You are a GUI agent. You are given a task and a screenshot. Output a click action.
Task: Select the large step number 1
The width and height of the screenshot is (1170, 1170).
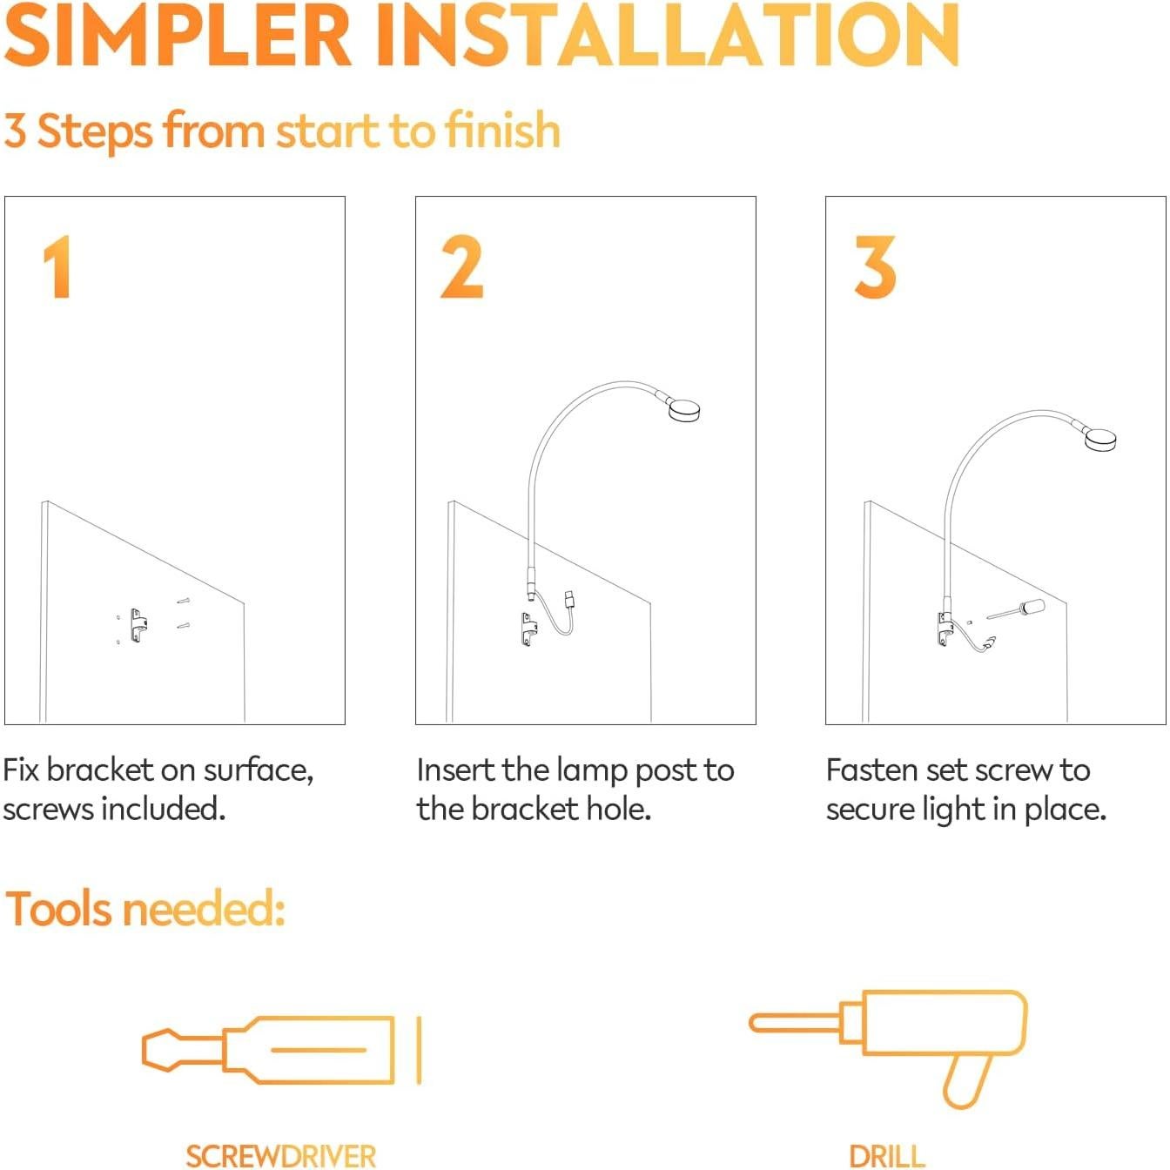[57, 268]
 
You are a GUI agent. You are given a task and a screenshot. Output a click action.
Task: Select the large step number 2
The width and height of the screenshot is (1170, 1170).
[461, 268]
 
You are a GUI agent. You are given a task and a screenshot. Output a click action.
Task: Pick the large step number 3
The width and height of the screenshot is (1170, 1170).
[874, 268]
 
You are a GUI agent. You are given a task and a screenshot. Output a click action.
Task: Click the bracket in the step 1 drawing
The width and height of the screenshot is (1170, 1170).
[138, 625]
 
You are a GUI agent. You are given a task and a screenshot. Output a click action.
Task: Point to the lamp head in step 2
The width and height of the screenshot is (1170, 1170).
[684, 409]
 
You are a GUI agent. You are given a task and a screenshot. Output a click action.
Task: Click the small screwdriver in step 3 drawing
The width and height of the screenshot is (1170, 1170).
[1019, 609]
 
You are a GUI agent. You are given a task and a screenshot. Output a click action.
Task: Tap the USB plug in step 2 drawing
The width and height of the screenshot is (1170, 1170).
[570, 600]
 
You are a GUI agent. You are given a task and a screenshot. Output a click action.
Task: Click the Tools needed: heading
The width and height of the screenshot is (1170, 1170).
[145, 910]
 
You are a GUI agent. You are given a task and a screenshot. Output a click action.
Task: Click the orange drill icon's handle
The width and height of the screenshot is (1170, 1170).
[966, 1079]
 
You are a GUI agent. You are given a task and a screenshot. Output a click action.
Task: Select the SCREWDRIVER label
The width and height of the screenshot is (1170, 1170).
[280, 1156]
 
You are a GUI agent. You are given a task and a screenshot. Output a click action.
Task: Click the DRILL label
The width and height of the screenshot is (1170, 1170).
[886, 1156]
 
